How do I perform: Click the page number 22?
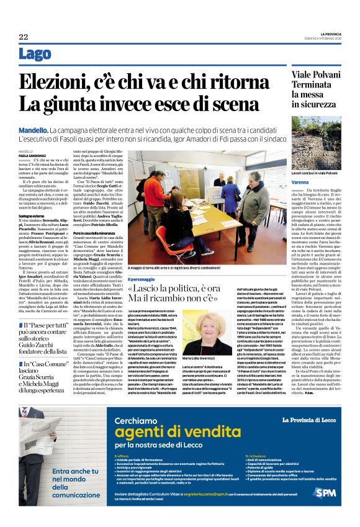pos(23,37)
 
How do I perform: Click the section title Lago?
pos(35,55)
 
